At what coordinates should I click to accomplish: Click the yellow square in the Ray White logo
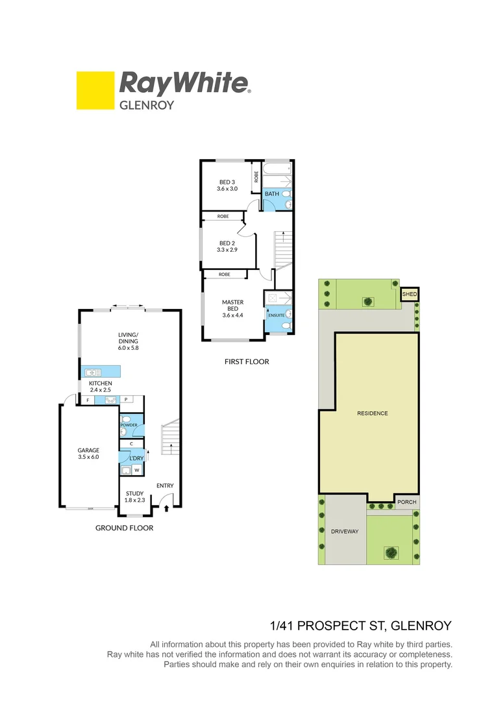click(x=95, y=90)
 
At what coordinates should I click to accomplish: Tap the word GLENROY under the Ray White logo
click(x=146, y=105)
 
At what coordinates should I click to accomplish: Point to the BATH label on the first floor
click(x=271, y=193)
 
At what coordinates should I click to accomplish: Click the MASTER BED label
click(x=232, y=305)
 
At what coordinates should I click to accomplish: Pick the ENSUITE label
click(x=276, y=315)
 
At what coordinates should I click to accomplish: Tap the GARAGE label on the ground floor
click(x=88, y=450)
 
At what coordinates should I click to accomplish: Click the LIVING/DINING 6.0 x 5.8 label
click(x=129, y=341)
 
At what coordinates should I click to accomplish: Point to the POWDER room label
click(x=129, y=426)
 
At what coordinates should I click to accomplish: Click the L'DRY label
click(x=136, y=459)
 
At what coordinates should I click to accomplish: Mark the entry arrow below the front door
click(x=167, y=508)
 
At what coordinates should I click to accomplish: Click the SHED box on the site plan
click(x=409, y=294)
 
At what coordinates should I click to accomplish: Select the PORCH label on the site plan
click(x=406, y=502)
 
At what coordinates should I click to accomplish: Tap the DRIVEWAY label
click(x=344, y=532)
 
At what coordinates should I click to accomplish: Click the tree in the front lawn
click(x=391, y=552)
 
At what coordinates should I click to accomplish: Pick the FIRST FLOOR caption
click(x=246, y=362)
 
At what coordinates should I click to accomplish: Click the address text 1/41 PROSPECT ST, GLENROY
click(x=360, y=626)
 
